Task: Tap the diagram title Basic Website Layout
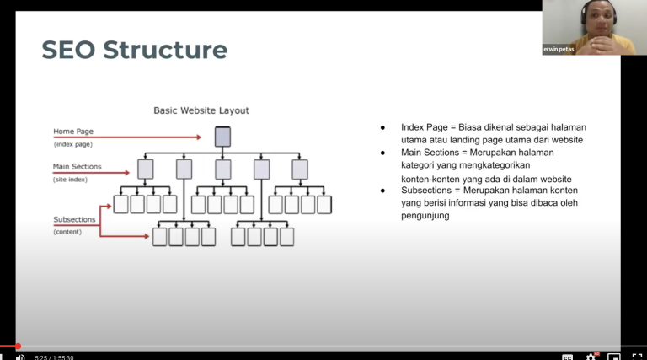tap(201, 110)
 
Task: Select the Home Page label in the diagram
tap(73, 131)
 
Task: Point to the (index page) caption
tap(73, 144)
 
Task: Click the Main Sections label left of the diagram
tap(78, 167)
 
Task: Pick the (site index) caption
tap(72, 180)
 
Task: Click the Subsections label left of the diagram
tap(74, 219)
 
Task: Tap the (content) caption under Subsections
tap(68, 231)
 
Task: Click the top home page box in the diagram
tap(222, 136)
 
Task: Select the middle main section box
tap(222, 169)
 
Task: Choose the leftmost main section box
tap(146, 169)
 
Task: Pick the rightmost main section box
tap(300, 169)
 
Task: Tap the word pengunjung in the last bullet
tap(425, 216)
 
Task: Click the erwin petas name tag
tap(559, 49)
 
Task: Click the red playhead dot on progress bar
tap(18, 346)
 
